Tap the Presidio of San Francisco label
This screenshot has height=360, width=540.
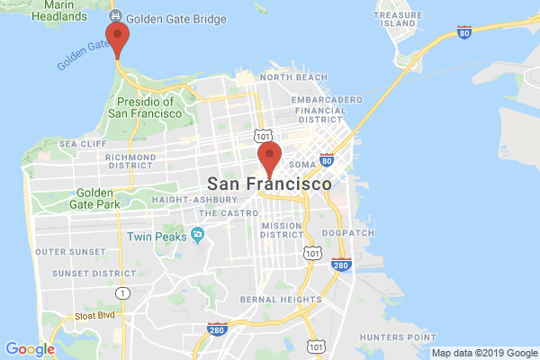pos(145,107)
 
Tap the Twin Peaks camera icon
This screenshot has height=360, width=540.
pos(197,236)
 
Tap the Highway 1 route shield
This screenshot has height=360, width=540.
pos(123,292)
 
